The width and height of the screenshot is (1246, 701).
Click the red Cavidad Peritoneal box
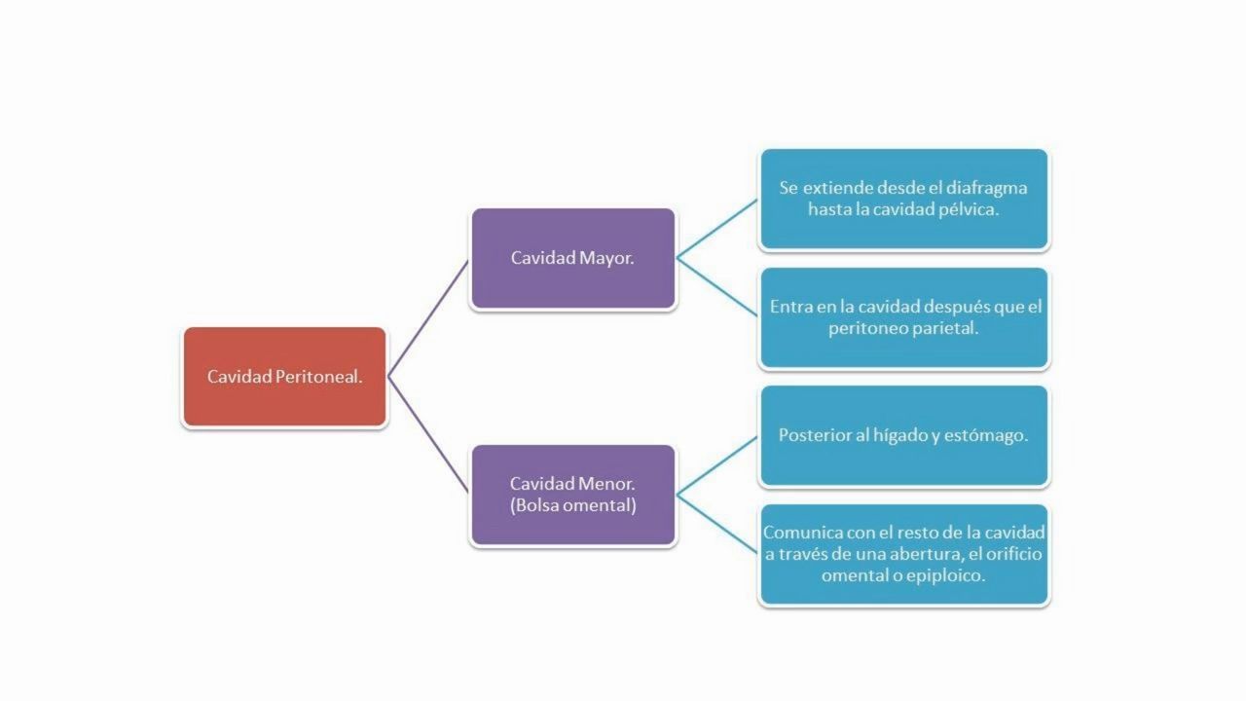click(284, 377)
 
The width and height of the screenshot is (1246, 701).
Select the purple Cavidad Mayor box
click(573, 258)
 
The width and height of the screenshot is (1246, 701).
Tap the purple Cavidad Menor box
click(573, 495)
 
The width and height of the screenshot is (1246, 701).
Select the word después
click(955, 307)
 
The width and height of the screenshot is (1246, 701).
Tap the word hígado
click(900, 435)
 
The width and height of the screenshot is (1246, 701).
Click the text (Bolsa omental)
click(573, 505)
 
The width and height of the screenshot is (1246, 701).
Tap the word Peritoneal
click(318, 377)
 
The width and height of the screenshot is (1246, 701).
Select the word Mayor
click(606, 259)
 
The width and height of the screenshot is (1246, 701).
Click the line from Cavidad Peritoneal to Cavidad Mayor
click(428, 317)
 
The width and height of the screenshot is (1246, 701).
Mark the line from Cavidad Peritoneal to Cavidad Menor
click(428, 435)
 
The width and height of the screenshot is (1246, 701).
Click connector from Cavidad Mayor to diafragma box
click(717, 229)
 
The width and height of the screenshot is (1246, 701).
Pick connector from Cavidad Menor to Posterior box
click(717, 465)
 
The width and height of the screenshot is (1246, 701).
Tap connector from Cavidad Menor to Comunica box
click(717, 524)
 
